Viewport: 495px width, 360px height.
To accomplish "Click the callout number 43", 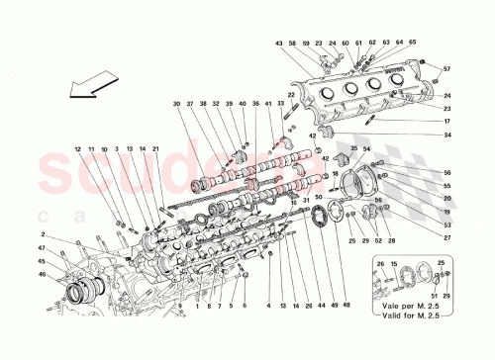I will tap(280, 44).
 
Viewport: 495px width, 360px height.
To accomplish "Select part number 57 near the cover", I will tap(445, 69).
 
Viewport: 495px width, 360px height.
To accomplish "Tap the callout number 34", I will tap(446, 135).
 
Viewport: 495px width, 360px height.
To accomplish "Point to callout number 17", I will tap(446, 122).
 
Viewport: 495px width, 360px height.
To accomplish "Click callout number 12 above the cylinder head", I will tap(75, 149).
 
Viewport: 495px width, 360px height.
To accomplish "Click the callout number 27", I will tap(446, 238).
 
